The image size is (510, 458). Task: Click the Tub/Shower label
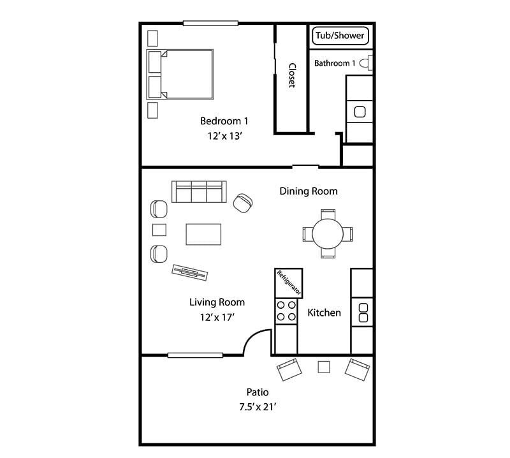[x=341, y=36]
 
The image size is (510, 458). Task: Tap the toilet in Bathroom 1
[x=365, y=63]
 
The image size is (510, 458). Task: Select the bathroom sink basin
[x=360, y=112]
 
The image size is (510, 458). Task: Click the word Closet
[x=291, y=76]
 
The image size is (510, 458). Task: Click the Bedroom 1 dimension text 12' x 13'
[x=224, y=135]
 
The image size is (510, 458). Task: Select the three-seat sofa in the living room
[x=198, y=192]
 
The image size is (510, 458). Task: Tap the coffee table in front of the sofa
[x=203, y=234]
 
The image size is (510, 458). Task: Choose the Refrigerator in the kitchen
[x=288, y=283]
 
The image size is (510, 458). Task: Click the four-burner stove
[x=285, y=311]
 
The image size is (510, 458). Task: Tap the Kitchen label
[x=324, y=313]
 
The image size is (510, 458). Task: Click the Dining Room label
[x=309, y=191]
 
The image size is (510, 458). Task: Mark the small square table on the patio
[x=324, y=367]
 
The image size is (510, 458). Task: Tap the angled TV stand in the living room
[x=190, y=272]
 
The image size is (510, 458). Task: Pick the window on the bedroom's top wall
[x=210, y=24]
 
